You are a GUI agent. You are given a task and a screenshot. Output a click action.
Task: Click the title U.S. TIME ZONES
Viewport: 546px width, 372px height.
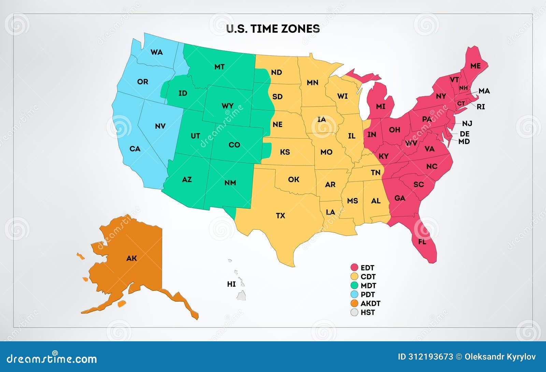tap(273, 29)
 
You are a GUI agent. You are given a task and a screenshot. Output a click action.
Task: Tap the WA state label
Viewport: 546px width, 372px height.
tap(157, 52)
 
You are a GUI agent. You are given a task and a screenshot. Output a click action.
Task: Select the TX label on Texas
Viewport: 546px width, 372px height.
tap(281, 216)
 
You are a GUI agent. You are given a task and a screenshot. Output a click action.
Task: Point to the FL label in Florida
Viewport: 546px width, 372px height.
tap(422, 242)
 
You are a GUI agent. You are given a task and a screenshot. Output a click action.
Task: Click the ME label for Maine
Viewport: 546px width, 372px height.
tap(475, 66)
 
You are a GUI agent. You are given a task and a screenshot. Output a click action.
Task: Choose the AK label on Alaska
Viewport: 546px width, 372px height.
tap(131, 258)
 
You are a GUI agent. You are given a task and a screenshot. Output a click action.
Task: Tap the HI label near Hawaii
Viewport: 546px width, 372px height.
tap(231, 284)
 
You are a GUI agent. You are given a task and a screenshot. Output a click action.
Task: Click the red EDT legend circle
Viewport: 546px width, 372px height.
tap(355, 268)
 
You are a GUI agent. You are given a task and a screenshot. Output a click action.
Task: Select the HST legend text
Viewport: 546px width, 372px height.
tap(368, 312)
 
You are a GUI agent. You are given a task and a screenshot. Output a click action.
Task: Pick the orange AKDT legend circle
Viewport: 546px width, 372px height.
tap(355, 303)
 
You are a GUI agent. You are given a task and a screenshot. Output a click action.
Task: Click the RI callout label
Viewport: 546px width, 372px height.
tap(480, 107)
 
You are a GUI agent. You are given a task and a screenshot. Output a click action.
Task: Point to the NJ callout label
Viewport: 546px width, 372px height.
tap(467, 124)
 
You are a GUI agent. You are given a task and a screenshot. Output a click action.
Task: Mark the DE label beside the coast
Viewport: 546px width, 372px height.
tap(464, 134)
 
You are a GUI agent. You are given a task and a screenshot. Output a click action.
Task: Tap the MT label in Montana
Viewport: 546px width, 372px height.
tap(219, 67)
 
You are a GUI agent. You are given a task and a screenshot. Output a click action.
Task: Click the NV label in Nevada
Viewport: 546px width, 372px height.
tap(160, 126)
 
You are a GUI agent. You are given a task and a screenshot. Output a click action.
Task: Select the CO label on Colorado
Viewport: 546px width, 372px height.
tap(234, 145)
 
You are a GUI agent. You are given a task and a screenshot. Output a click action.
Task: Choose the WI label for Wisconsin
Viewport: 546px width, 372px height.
tap(342, 96)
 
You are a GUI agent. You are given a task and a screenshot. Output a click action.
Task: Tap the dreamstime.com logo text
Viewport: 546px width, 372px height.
tap(52, 358)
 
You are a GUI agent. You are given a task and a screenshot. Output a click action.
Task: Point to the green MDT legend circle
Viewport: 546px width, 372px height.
tap(355, 285)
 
